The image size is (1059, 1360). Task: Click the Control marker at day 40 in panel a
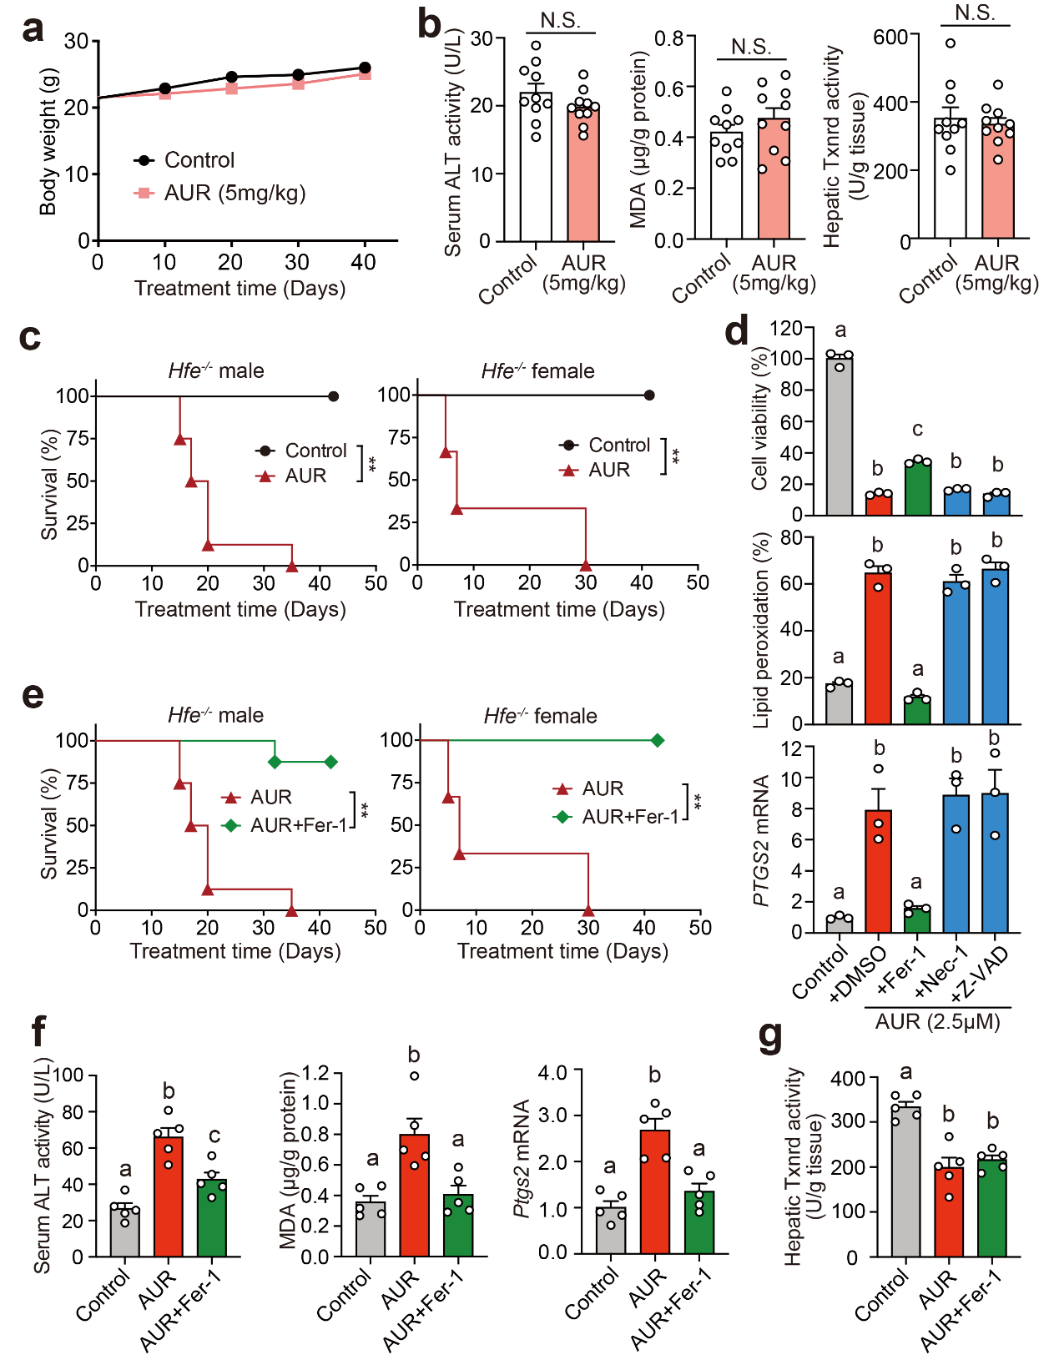point(365,68)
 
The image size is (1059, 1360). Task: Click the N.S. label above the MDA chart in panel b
point(751,48)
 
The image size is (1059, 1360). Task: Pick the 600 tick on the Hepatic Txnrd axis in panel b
point(890,38)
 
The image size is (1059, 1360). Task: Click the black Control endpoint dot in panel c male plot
point(333,396)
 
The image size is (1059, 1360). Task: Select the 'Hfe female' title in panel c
point(537,371)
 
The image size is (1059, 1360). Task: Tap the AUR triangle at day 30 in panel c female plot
point(586,566)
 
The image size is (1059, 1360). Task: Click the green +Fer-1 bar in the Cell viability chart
point(918,489)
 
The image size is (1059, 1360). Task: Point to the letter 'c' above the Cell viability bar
point(918,430)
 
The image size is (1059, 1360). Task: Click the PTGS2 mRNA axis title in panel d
point(761,840)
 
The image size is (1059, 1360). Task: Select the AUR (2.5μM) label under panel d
point(937,1022)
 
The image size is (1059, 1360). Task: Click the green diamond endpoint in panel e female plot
point(658,741)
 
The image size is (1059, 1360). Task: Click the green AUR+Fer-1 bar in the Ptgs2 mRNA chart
point(699,1222)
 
